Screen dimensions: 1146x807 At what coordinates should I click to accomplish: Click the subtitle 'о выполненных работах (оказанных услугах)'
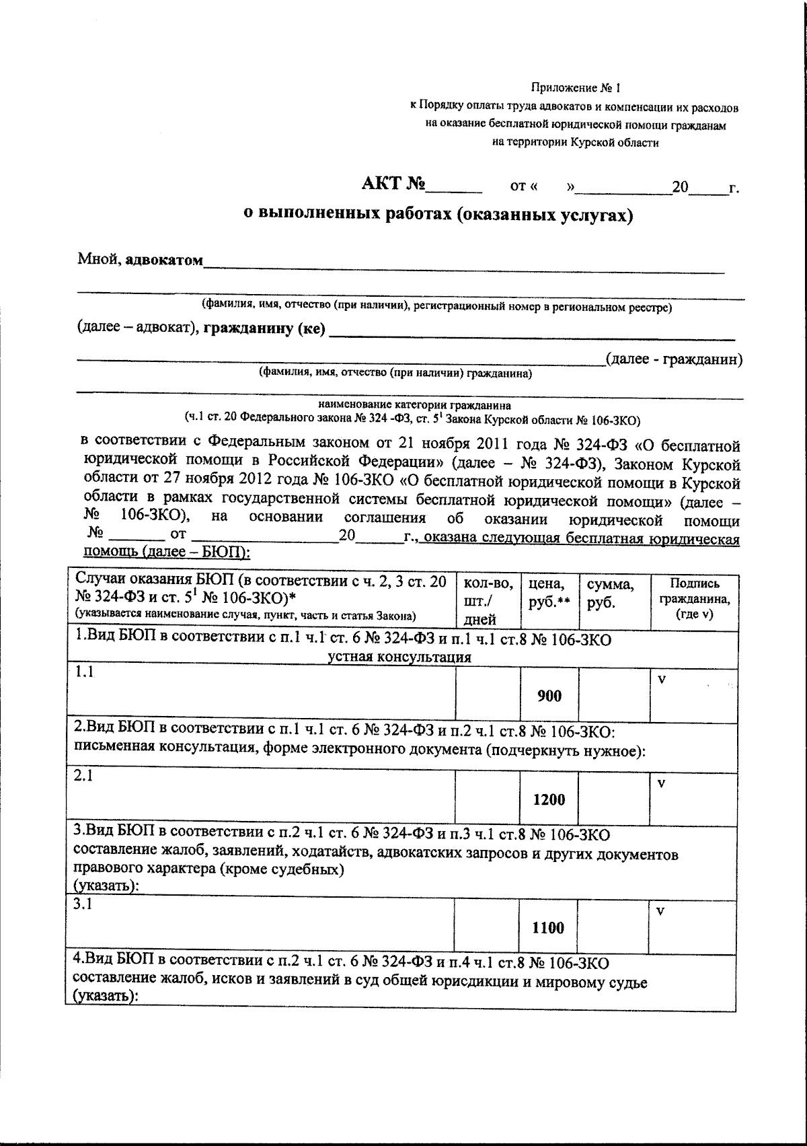coord(438,215)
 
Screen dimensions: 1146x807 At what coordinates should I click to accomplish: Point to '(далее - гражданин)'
coord(674,359)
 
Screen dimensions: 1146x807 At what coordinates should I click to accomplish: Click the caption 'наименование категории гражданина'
coord(414,406)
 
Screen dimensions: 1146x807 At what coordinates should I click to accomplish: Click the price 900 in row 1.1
coord(549,696)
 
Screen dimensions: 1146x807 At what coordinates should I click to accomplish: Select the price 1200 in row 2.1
coord(549,800)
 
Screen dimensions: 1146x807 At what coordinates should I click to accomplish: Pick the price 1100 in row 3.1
coord(548,928)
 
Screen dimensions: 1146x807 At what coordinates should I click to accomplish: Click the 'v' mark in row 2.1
coord(661,783)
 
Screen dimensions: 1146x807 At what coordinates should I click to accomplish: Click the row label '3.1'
coord(83,905)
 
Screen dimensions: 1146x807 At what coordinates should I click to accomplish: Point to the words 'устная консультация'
coord(399,657)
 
